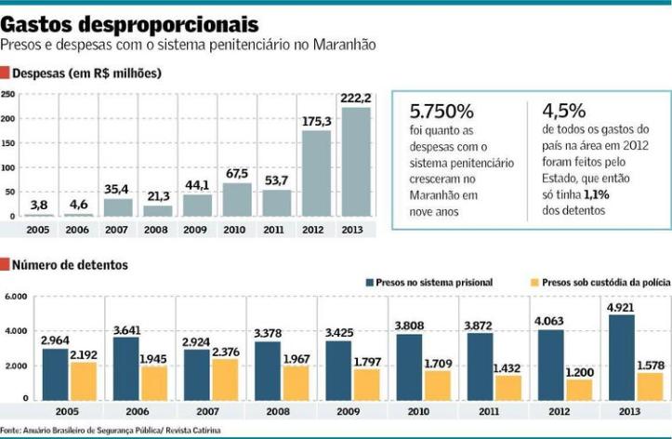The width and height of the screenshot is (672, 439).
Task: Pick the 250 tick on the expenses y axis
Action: pos(7,95)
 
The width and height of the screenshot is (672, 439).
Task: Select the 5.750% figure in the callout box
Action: pos(444,111)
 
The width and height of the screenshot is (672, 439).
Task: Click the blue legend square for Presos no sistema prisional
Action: pos(369,281)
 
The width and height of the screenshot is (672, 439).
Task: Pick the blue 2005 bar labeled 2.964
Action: pos(55,374)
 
